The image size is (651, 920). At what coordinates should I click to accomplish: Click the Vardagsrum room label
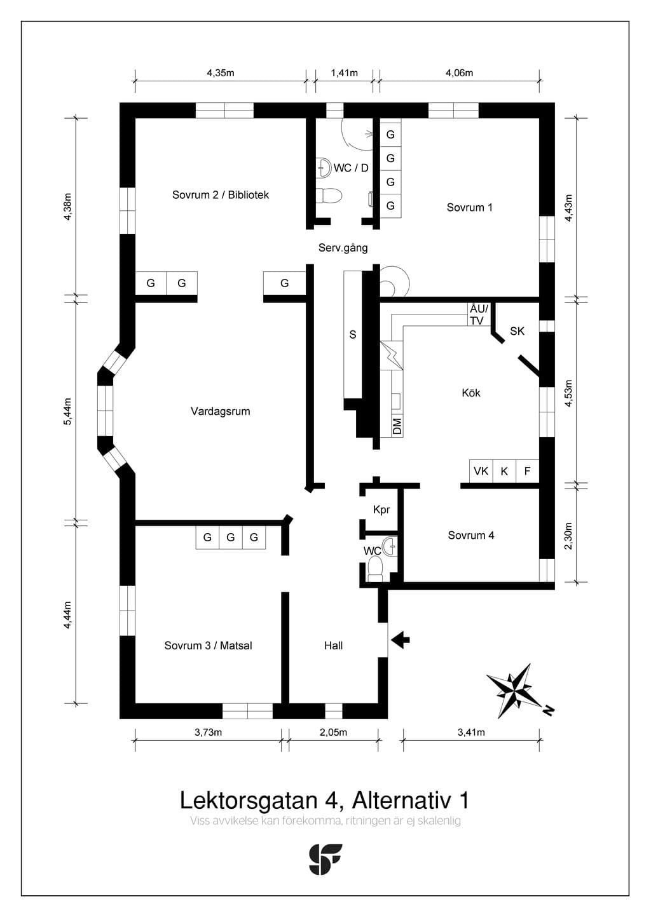point(221,411)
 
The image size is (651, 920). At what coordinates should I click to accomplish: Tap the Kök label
point(471,393)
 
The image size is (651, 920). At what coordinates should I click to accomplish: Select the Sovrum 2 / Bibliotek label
point(221,194)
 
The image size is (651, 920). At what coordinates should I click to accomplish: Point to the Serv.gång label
point(343,248)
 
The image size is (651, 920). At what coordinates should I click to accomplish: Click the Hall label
point(333,646)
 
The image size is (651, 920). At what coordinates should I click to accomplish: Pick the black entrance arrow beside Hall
point(401,639)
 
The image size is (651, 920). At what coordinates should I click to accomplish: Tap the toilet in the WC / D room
point(331,196)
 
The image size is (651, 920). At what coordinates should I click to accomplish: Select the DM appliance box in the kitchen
point(397,426)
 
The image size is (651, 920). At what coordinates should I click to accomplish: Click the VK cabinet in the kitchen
point(481,471)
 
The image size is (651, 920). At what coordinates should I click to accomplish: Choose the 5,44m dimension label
point(67,412)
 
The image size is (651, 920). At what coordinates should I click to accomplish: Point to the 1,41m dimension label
point(345,73)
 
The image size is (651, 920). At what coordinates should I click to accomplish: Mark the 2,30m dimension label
point(568,536)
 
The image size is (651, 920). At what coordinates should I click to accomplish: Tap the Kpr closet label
point(381,510)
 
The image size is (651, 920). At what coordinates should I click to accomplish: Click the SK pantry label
point(517,331)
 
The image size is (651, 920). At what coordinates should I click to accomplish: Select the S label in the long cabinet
point(353,335)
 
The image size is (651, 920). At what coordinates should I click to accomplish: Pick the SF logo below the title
point(325,859)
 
